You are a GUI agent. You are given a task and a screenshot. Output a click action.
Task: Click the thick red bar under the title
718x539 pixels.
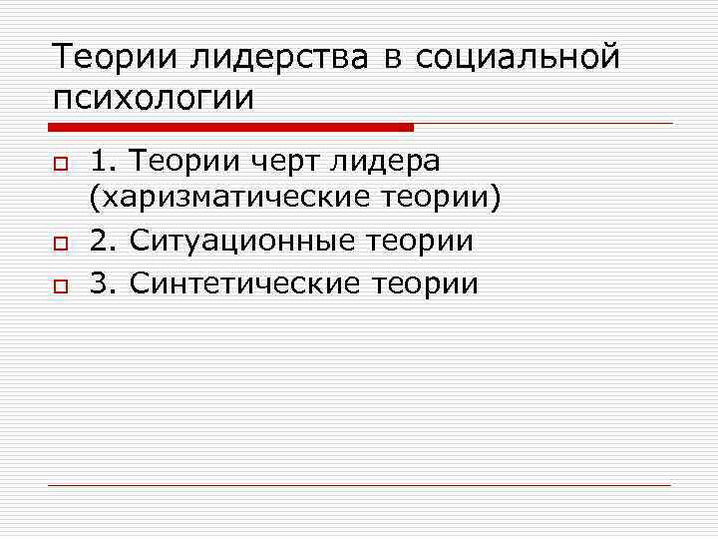click(229, 128)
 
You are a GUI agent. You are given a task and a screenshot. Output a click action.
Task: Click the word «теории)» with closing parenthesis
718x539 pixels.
click(441, 200)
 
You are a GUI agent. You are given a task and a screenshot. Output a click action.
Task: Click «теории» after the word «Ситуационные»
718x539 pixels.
click(419, 242)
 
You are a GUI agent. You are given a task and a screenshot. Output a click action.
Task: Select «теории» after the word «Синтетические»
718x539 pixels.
click(425, 283)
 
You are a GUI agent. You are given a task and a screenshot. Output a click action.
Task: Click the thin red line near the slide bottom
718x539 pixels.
click(359, 485)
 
